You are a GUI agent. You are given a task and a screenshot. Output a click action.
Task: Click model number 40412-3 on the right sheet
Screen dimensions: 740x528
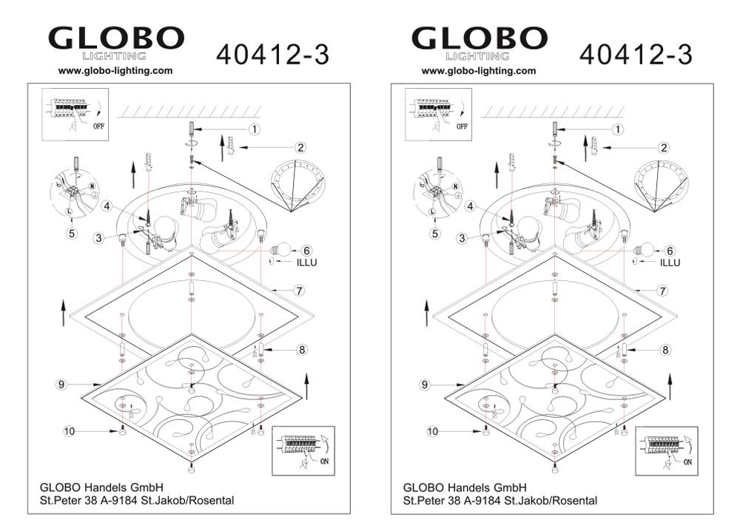coord(636,55)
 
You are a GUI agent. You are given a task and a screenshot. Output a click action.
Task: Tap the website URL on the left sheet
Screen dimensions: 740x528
coord(115,71)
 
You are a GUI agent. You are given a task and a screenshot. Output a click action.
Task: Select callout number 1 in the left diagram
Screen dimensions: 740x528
coord(255,129)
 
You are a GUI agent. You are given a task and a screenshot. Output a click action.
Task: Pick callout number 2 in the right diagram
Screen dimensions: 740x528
coord(664,148)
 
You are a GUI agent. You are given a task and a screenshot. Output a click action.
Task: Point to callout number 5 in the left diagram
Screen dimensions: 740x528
coord(72,233)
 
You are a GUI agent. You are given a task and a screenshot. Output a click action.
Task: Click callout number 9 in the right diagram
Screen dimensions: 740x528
coord(425,385)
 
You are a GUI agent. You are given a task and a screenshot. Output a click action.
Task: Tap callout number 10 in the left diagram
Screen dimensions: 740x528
coord(70,431)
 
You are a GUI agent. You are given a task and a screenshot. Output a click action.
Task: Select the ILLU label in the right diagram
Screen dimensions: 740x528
coord(670,263)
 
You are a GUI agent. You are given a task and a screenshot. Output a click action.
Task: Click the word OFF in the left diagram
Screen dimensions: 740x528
coord(98,126)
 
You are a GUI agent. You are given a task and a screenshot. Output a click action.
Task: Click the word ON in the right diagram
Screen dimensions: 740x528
coord(687,462)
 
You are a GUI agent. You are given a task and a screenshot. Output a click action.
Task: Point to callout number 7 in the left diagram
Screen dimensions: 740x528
coord(299,291)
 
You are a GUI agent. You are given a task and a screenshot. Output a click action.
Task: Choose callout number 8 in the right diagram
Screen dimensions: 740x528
coord(665,349)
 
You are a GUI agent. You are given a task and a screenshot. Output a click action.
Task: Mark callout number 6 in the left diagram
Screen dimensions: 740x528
coord(307,251)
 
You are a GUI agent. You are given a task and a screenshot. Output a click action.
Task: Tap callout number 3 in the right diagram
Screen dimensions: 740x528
coord(462,238)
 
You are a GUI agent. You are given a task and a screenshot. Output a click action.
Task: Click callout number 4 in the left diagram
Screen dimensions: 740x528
coord(107,206)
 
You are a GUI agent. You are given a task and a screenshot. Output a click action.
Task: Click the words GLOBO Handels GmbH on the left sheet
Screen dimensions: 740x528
coord(101,487)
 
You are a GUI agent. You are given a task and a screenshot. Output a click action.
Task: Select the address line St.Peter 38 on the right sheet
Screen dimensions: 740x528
coord(500,501)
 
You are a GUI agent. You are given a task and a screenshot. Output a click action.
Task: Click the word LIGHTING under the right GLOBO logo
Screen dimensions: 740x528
coord(477,56)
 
